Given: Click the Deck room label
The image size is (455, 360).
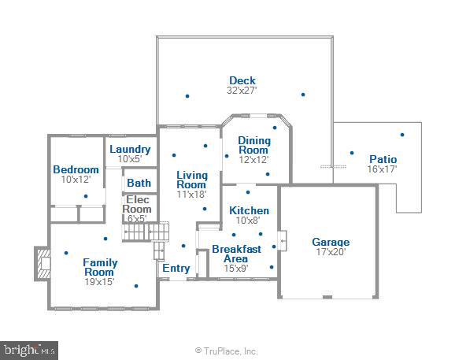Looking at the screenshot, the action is point(242,80).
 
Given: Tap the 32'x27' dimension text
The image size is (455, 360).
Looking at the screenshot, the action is point(242,91).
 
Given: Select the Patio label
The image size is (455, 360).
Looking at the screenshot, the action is point(383,159).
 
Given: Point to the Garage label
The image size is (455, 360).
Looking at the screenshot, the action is point(331,242).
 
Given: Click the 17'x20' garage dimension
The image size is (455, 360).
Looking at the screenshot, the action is point(331,252).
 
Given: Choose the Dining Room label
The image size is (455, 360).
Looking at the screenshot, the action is point(254,145).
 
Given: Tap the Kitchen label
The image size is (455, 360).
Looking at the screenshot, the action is point(249,210).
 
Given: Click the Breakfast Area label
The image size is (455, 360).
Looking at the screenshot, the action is point(236,254).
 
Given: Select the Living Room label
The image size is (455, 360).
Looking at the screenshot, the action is point(192,180).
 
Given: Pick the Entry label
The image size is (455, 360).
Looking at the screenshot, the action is point(176,268).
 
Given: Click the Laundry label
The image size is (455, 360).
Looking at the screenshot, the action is point(130,149).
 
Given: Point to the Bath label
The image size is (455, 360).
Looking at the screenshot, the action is point(139,183).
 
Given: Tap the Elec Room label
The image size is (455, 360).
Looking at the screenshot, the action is point(137,204).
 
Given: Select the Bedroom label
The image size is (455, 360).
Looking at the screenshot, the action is point(76,169).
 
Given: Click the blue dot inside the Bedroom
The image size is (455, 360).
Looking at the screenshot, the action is point(86,196).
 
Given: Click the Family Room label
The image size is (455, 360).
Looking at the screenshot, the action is point(100,267).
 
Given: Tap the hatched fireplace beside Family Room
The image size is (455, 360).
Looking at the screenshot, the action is point(43,264).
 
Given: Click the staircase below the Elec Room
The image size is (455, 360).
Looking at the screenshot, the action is point(145,232).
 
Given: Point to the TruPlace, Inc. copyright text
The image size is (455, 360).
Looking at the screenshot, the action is point(227,351).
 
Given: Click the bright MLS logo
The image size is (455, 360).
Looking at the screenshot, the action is point(29,350).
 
